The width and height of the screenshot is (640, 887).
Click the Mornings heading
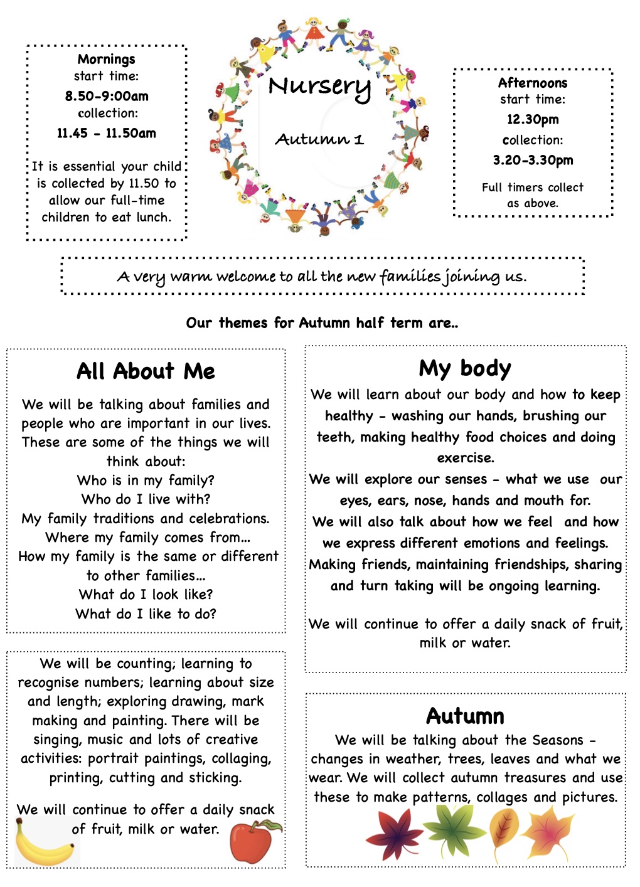[x=106, y=60]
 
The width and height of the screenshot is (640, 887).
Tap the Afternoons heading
[x=532, y=83]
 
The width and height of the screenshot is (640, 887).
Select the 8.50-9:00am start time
[x=107, y=96]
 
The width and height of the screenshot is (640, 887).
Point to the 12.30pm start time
[x=533, y=119]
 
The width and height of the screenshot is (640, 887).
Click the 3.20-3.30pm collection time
[x=533, y=160]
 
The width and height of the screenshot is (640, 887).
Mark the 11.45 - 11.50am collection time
[x=106, y=133]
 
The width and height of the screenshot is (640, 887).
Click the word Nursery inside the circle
[x=319, y=87]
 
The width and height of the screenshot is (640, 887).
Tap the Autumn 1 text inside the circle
[x=319, y=139]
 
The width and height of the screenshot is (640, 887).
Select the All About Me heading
[x=146, y=371]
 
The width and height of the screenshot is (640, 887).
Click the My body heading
[x=465, y=368]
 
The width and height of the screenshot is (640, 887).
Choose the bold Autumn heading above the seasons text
[x=465, y=716]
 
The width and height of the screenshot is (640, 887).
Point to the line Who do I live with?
[x=146, y=499]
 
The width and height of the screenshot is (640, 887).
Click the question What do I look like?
[x=146, y=594]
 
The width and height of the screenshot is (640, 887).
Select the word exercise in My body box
[x=465, y=458]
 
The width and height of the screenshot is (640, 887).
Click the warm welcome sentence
[x=322, y=276]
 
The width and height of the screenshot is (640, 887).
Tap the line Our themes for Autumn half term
[x=322, y=323]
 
